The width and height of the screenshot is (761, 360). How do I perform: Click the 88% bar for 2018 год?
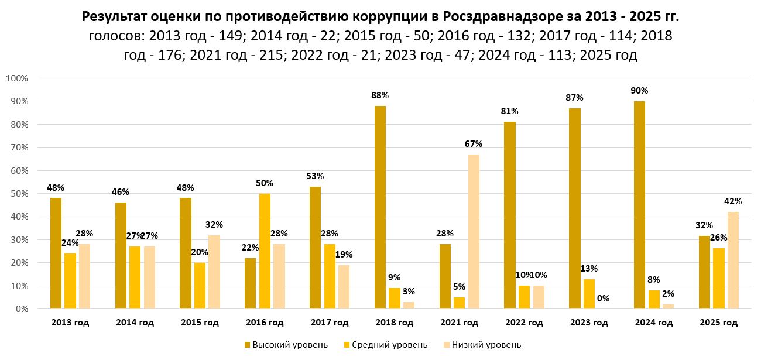tap(380, 207)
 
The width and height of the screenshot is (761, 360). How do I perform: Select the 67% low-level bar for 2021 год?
tap(474, 231)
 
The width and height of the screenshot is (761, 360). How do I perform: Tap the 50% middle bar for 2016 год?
tap(265, 251)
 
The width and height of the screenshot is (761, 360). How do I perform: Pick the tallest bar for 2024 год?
tap(639, 205)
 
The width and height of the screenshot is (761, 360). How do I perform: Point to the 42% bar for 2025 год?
tap(733, 260)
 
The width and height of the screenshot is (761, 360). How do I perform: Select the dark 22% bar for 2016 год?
tap(250, 283)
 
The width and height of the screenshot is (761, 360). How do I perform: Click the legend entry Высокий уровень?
tap(286, 345)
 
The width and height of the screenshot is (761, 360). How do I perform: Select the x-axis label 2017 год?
tap(330, 323)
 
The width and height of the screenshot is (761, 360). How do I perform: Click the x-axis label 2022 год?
tap(524, 323)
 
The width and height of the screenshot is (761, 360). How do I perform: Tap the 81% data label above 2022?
tap(509, 111)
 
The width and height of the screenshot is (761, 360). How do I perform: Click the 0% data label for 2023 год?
tap(604, 299)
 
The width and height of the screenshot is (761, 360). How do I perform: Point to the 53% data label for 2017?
tap(315, 176)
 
